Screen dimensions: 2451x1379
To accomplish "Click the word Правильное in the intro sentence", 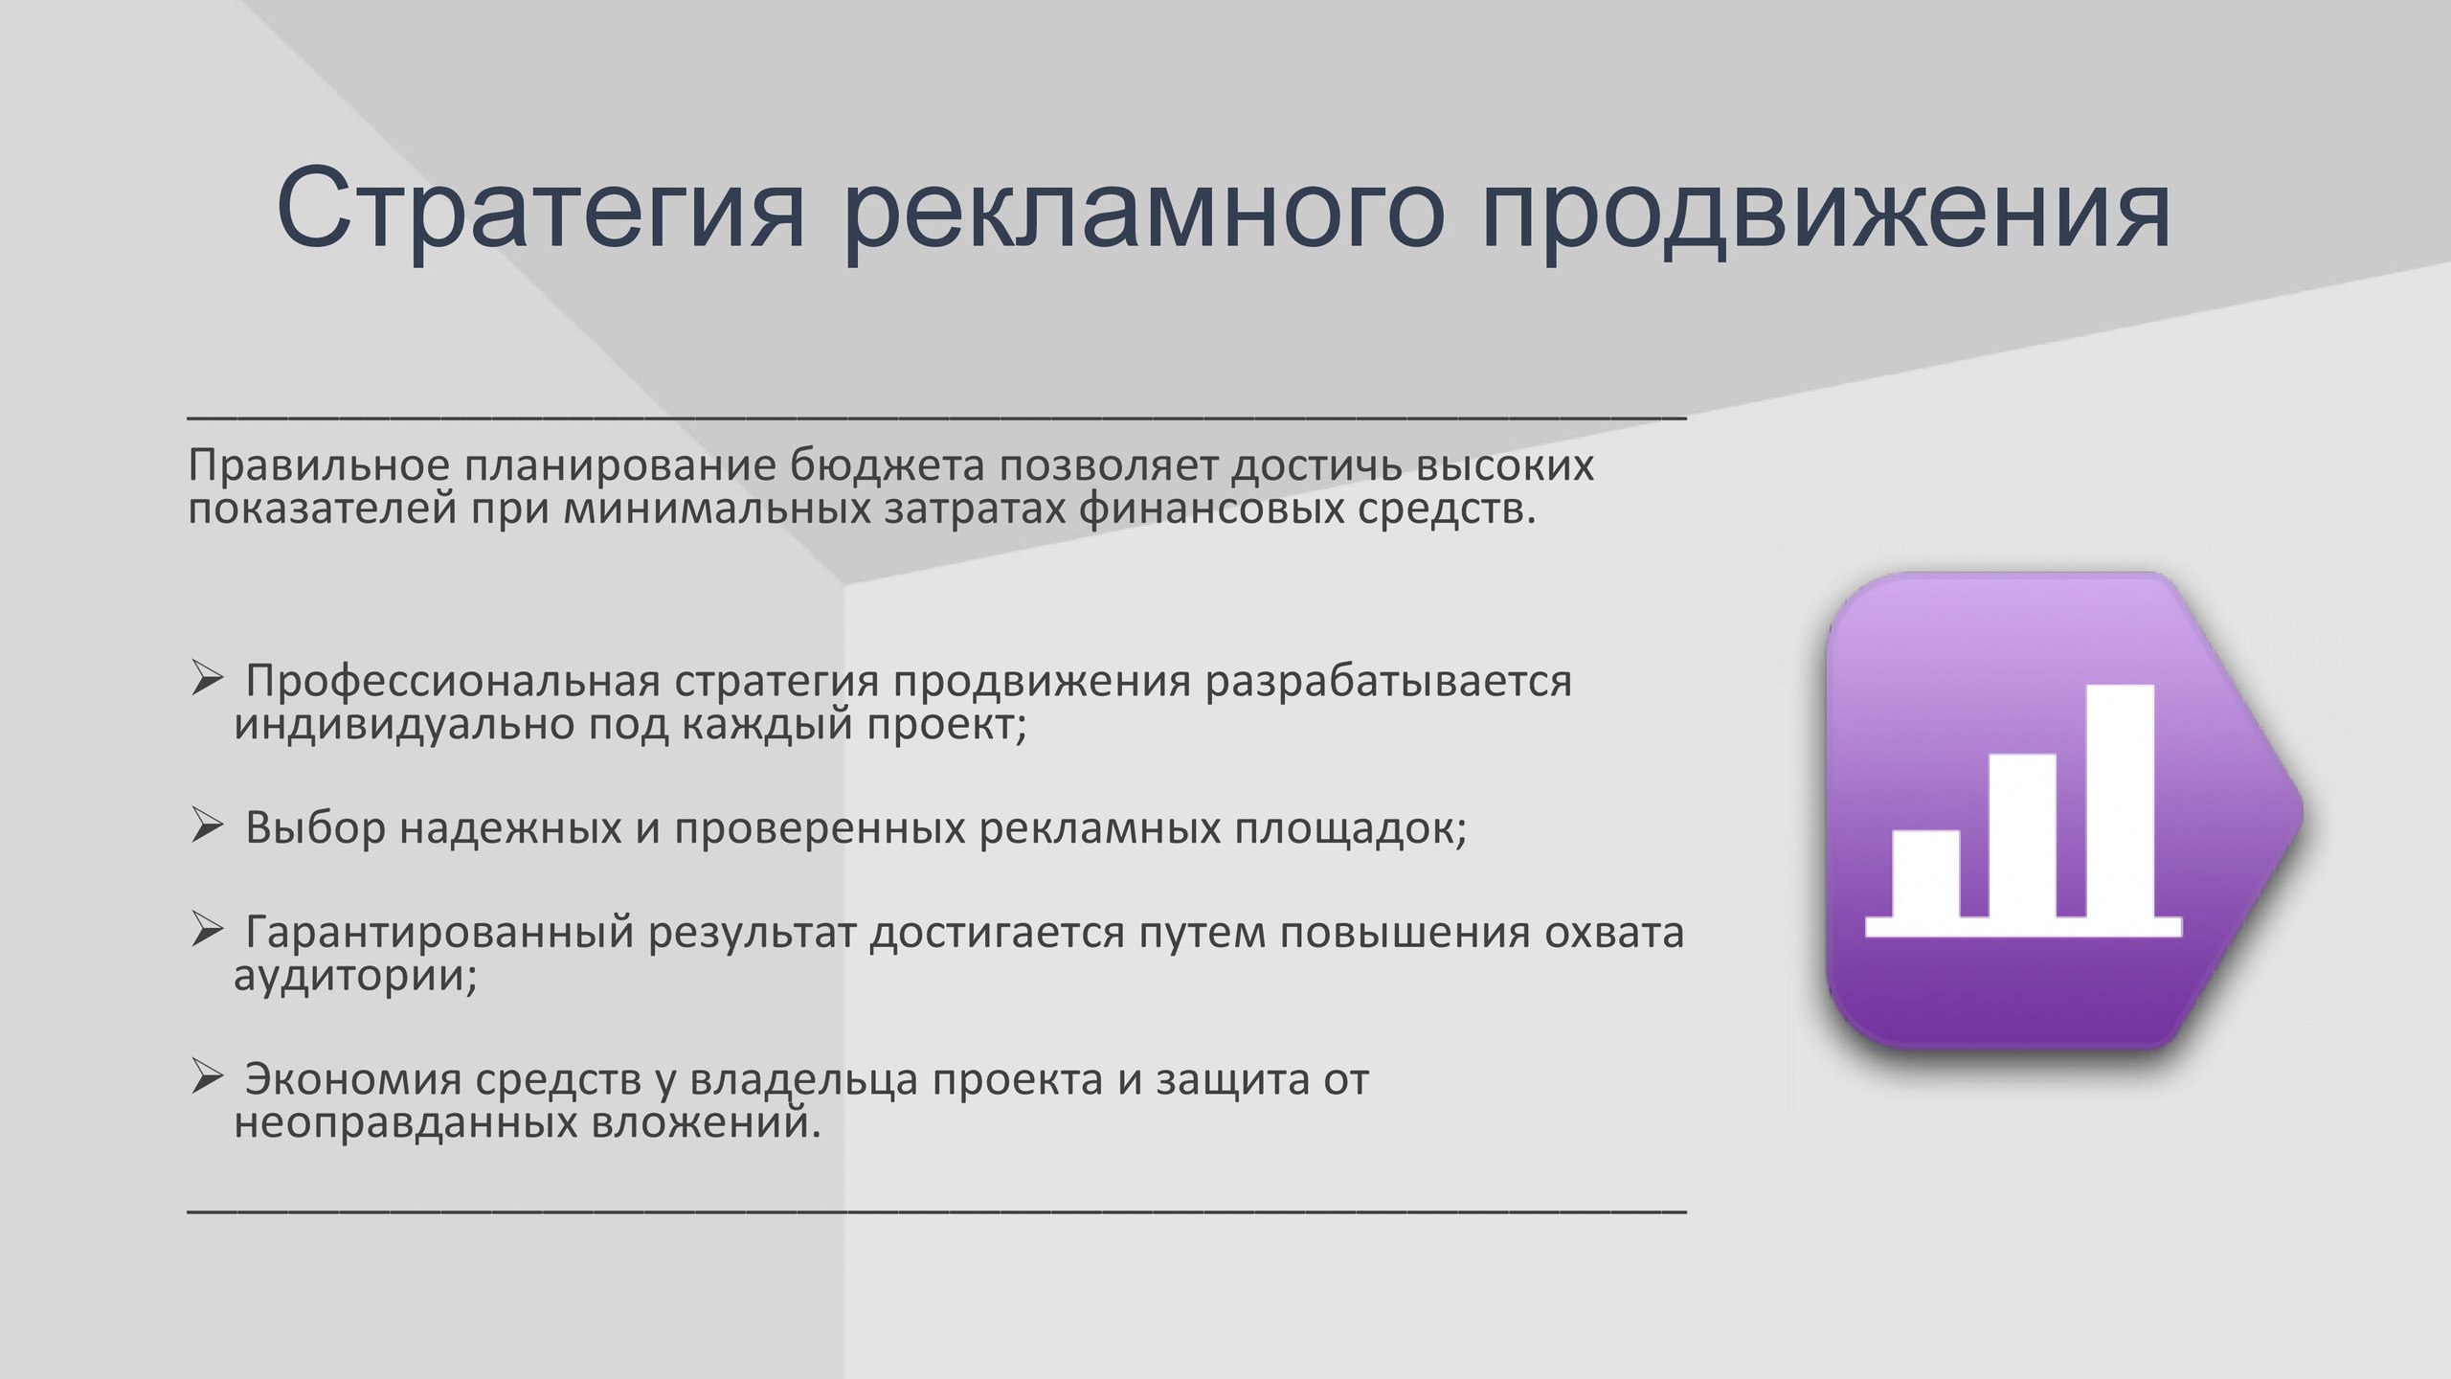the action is click(319, 466).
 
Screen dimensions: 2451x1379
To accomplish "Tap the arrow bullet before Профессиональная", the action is click(207, 678).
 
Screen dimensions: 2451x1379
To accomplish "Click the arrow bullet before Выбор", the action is click(207, 825).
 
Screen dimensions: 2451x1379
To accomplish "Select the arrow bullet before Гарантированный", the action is click(207, 929).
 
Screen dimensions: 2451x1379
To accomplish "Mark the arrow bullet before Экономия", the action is click(207, 1076).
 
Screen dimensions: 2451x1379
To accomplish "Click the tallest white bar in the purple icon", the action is click(2120, 801).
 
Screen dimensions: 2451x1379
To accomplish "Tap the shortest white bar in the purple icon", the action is click(1926, 873).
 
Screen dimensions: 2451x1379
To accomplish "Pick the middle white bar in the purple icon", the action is click(2023, 835).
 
